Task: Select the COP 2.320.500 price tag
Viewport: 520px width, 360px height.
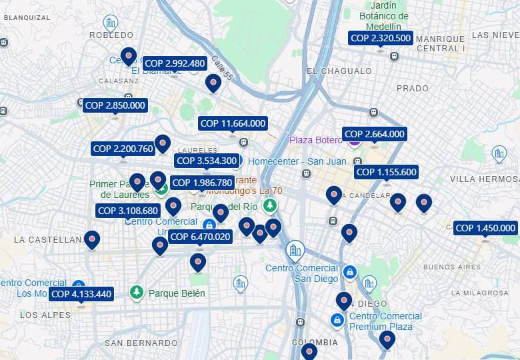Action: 381,38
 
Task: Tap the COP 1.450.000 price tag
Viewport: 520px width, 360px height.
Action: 485,228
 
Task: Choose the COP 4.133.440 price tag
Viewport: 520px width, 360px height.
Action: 81,294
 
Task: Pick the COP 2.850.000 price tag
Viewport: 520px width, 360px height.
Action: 115,105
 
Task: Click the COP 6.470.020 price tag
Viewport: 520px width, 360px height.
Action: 200,237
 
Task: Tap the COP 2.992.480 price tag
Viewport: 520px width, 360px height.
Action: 175,63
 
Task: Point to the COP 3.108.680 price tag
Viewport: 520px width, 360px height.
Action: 129,211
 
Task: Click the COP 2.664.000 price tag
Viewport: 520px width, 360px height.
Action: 375,134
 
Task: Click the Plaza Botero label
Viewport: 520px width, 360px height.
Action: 315,140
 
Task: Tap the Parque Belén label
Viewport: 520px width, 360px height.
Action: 177,293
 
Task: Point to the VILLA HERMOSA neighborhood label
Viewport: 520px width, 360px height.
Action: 484,179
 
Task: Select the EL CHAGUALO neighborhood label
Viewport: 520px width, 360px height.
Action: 339,71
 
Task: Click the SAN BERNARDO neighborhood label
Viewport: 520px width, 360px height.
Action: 141,343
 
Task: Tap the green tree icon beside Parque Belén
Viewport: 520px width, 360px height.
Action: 137,293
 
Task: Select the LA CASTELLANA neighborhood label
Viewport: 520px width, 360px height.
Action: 47,239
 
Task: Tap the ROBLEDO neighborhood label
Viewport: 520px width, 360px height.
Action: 111,35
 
